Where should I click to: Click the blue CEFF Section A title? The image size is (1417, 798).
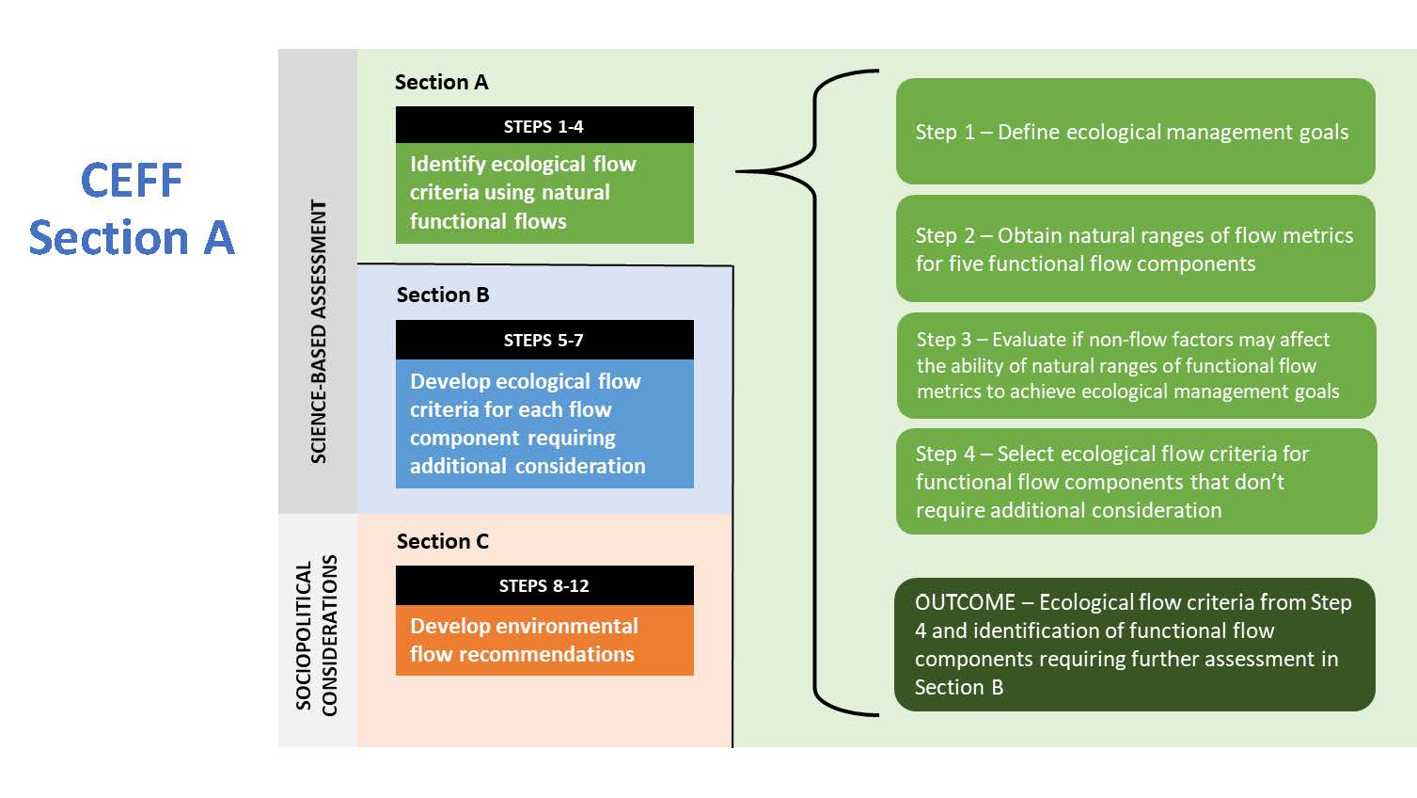pyautogui.click(x=132, y=209)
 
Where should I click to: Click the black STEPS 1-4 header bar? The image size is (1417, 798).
pyautogui.click(x=544, y=125)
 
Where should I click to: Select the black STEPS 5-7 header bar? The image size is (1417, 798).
pyautogui.click(x=544, y=340)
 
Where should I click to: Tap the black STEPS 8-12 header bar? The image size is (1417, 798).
pyautogui.click(x=544, y=585)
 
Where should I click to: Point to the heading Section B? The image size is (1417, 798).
pyautogui.click(x=443, y=295)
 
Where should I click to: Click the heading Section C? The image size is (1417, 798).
pyautogui.click(x=443, y=541)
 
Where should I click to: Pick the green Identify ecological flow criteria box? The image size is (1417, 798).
pyautogui.click(x=544, y=193)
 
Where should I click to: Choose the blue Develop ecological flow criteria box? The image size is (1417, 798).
pyautogui.click(x=544, y=423)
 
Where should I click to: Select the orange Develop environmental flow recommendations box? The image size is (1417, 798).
pyautogui.click(x=544, y=640)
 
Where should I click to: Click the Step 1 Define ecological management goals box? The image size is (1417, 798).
pyautogui.click(x=1136, y=131)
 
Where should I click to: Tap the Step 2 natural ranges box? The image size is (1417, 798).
pyautogui.click(x=1136, y=248)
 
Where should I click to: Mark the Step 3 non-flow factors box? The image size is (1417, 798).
pyautogui.click(x=1136, y=365)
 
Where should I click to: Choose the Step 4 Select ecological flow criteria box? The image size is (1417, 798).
pyautogui.click(x=1136, y=481)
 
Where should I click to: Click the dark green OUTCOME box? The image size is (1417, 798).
pyautogui.click(x=1135, y=644)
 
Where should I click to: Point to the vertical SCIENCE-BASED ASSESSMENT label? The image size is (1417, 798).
pyautogui.click(x=318, y=331)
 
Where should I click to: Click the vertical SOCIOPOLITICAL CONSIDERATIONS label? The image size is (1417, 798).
pyautogui.click(x=317, y=635)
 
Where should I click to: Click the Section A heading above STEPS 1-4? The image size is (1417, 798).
pyautogui.click(x=442, y=82)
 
